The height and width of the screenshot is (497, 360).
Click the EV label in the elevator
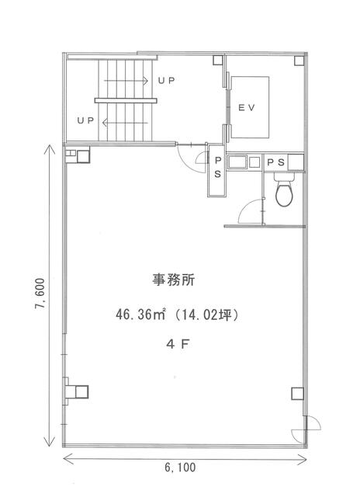(x=246, y=108)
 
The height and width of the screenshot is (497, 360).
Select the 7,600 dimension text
(x=41, y=294)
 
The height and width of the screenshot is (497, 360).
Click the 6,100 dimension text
(x=180, y=467)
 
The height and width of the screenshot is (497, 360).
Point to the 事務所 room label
(x=173, y=280)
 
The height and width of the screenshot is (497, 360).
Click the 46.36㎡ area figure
(x=141, y=315)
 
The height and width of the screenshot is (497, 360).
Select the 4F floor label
(x=178, y=344)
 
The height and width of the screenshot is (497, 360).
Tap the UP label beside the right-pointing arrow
(x=167, y=81)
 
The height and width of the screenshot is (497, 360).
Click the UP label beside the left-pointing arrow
(x=85, y=121)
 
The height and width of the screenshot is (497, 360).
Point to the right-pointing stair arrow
(x=126, y=81)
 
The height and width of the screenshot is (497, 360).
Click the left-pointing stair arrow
(x=125, y=123)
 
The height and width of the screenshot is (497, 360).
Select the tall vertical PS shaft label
(x=217, y=168)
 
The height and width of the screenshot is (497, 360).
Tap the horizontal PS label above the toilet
(x=276, y=162)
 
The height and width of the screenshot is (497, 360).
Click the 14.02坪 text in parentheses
(x=206, y=315)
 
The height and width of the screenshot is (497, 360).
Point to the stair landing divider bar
(x=126, y=100)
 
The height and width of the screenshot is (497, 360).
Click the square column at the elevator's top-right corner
(x=299, y=61)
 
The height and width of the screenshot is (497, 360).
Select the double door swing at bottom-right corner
(x=306, y=429)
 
